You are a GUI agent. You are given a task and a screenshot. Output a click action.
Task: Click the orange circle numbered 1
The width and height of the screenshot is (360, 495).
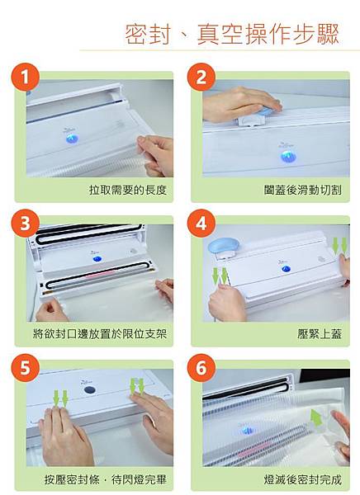[x=26, y=77]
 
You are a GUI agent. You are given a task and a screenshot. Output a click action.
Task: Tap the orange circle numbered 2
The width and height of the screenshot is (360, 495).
[x=201, y=77]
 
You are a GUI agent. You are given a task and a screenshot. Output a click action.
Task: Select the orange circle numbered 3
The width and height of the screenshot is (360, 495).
[x=26, y=224]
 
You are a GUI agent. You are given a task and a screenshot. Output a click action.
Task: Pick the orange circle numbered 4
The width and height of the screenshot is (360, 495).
[x=201, y=224]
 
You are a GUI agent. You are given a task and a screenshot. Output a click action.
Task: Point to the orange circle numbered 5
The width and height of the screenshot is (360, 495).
[x=26, y=368]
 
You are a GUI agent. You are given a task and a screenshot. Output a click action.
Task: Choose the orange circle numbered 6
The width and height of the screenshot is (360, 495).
[x=201, y=368]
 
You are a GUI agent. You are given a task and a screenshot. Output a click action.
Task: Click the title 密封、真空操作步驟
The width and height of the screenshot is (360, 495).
[x=232, y=34]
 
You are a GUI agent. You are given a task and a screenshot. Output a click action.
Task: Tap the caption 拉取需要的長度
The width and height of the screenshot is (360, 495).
[x=128, y=190]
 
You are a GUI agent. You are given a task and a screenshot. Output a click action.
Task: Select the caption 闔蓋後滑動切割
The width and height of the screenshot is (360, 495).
[x=303, y=190]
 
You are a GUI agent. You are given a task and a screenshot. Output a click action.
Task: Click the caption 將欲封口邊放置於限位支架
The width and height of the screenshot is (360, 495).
[x=100, y=333]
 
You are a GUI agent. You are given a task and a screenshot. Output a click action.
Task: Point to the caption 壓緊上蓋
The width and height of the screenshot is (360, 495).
[x=320, y=333]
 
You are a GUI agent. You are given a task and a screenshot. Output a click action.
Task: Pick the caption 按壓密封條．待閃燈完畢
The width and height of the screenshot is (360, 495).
[x=105, y=480]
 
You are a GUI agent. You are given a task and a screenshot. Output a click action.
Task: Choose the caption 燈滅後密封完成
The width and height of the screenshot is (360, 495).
[x=303, y=480]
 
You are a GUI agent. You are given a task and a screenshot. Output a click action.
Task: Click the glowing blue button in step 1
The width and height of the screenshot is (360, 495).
[x=71, y=139]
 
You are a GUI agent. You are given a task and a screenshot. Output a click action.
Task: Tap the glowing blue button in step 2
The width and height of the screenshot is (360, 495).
[x=287, y=156]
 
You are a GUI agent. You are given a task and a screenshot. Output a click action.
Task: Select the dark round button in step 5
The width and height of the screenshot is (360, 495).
[x=90, y=389]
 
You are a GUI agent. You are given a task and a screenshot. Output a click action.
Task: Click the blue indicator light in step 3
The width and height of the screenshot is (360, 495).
[x=97, y=259]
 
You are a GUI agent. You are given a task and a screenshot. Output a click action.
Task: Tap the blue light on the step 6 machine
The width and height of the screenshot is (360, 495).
[x=248, y=431]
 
